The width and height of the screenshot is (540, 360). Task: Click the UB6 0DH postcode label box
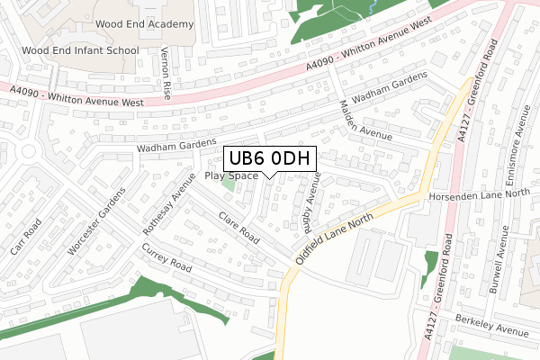coord(270,159)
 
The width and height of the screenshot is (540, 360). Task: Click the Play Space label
coord(231,175)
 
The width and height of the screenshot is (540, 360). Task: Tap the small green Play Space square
coord(229,185)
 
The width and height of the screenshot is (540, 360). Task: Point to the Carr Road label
coord(26,236)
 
